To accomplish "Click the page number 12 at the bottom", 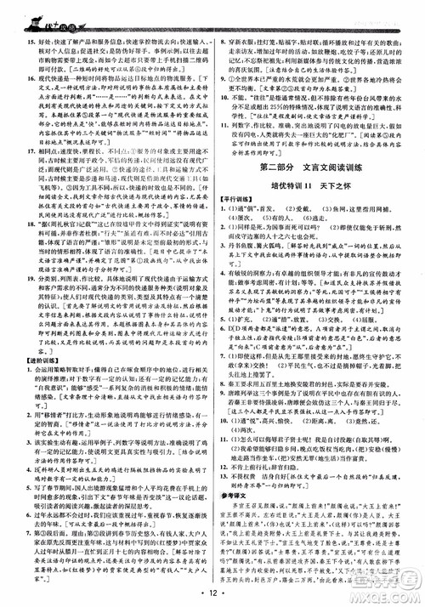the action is pos(213,587).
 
